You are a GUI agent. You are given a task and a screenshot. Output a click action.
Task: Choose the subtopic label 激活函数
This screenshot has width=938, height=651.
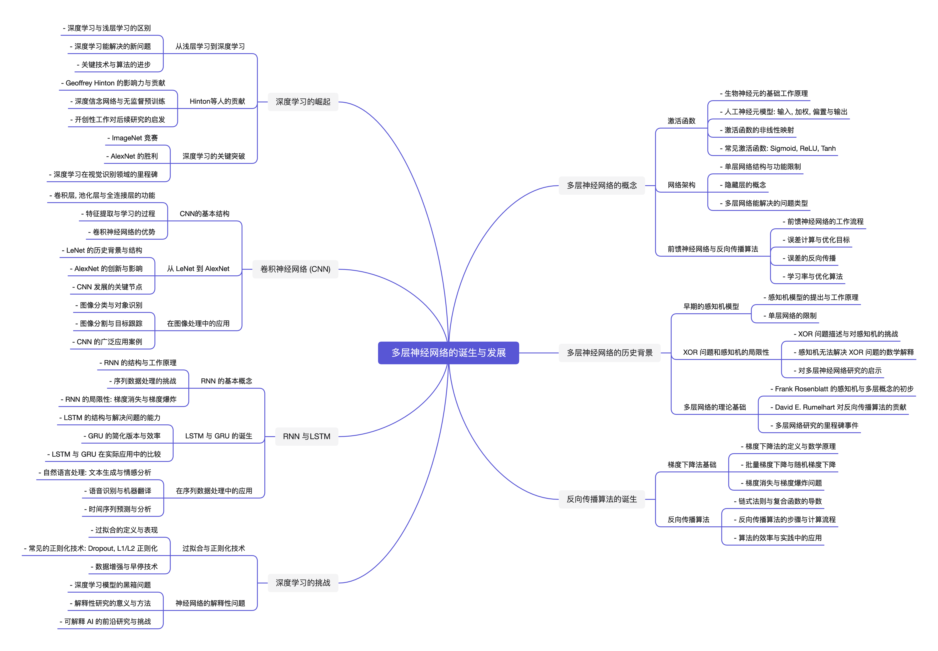pos(681,121)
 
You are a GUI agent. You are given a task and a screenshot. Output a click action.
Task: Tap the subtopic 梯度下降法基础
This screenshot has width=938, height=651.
pos(691,465)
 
